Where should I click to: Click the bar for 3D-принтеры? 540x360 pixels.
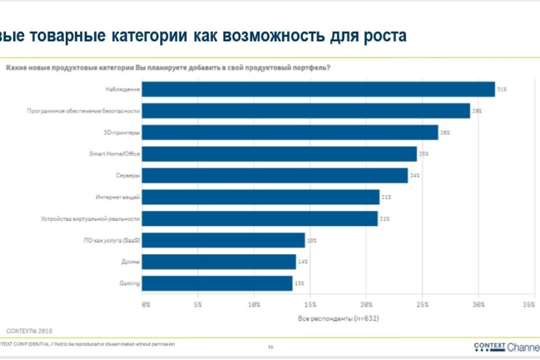click(x=290, y=132)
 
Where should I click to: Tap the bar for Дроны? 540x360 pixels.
click(x=219, y=262)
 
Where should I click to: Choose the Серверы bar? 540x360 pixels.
click(x=275, y=175)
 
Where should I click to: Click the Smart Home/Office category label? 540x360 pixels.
click(x=114, y=154)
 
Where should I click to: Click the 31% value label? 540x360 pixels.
click(x=502, y=89)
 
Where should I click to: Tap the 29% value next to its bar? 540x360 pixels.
click(x=477, y=111)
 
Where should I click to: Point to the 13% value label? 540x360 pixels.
click(x=299, y=283)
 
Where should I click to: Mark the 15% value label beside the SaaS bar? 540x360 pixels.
click(x=312, y=240)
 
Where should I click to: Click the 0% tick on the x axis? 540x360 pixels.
click(x=146, y=305)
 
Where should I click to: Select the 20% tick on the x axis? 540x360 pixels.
click(x=366, y=305)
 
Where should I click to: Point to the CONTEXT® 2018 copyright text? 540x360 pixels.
click(x=27, y=331)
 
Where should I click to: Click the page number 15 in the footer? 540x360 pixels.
click(x=270, y=347)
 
